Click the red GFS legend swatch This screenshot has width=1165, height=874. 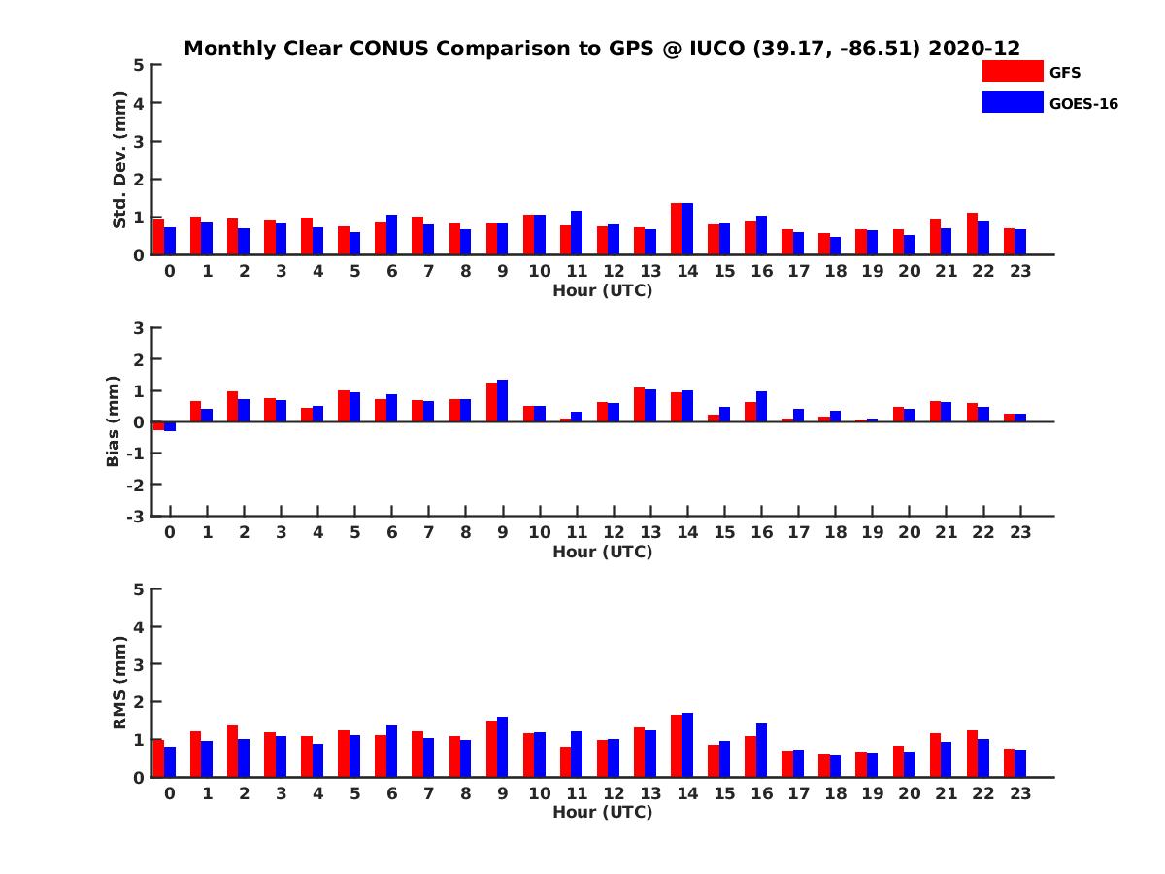coord(1012,71)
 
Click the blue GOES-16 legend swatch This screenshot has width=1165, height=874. coord(1012,102)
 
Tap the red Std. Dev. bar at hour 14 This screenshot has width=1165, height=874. coord(677,229)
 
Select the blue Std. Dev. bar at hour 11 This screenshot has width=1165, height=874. coord(577,233)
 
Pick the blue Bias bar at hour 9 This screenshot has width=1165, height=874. coord(502,401)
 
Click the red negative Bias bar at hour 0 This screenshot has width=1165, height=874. coord(159,425)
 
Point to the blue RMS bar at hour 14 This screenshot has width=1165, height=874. coord(687,745)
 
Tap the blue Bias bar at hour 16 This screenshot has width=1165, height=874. coord(761,407)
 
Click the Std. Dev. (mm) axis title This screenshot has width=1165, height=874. coord(120,160)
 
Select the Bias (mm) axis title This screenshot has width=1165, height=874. coord(114,421)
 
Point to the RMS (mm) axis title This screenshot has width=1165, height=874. coord(120,683)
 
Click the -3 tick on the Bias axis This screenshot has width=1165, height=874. coord(137,516)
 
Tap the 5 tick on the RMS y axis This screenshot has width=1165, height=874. coord(140,588)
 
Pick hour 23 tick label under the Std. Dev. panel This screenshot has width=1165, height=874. coord(1019,272)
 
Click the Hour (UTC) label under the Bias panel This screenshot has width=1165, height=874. coord(602,552)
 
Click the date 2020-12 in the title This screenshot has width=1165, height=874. coord(974,49)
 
